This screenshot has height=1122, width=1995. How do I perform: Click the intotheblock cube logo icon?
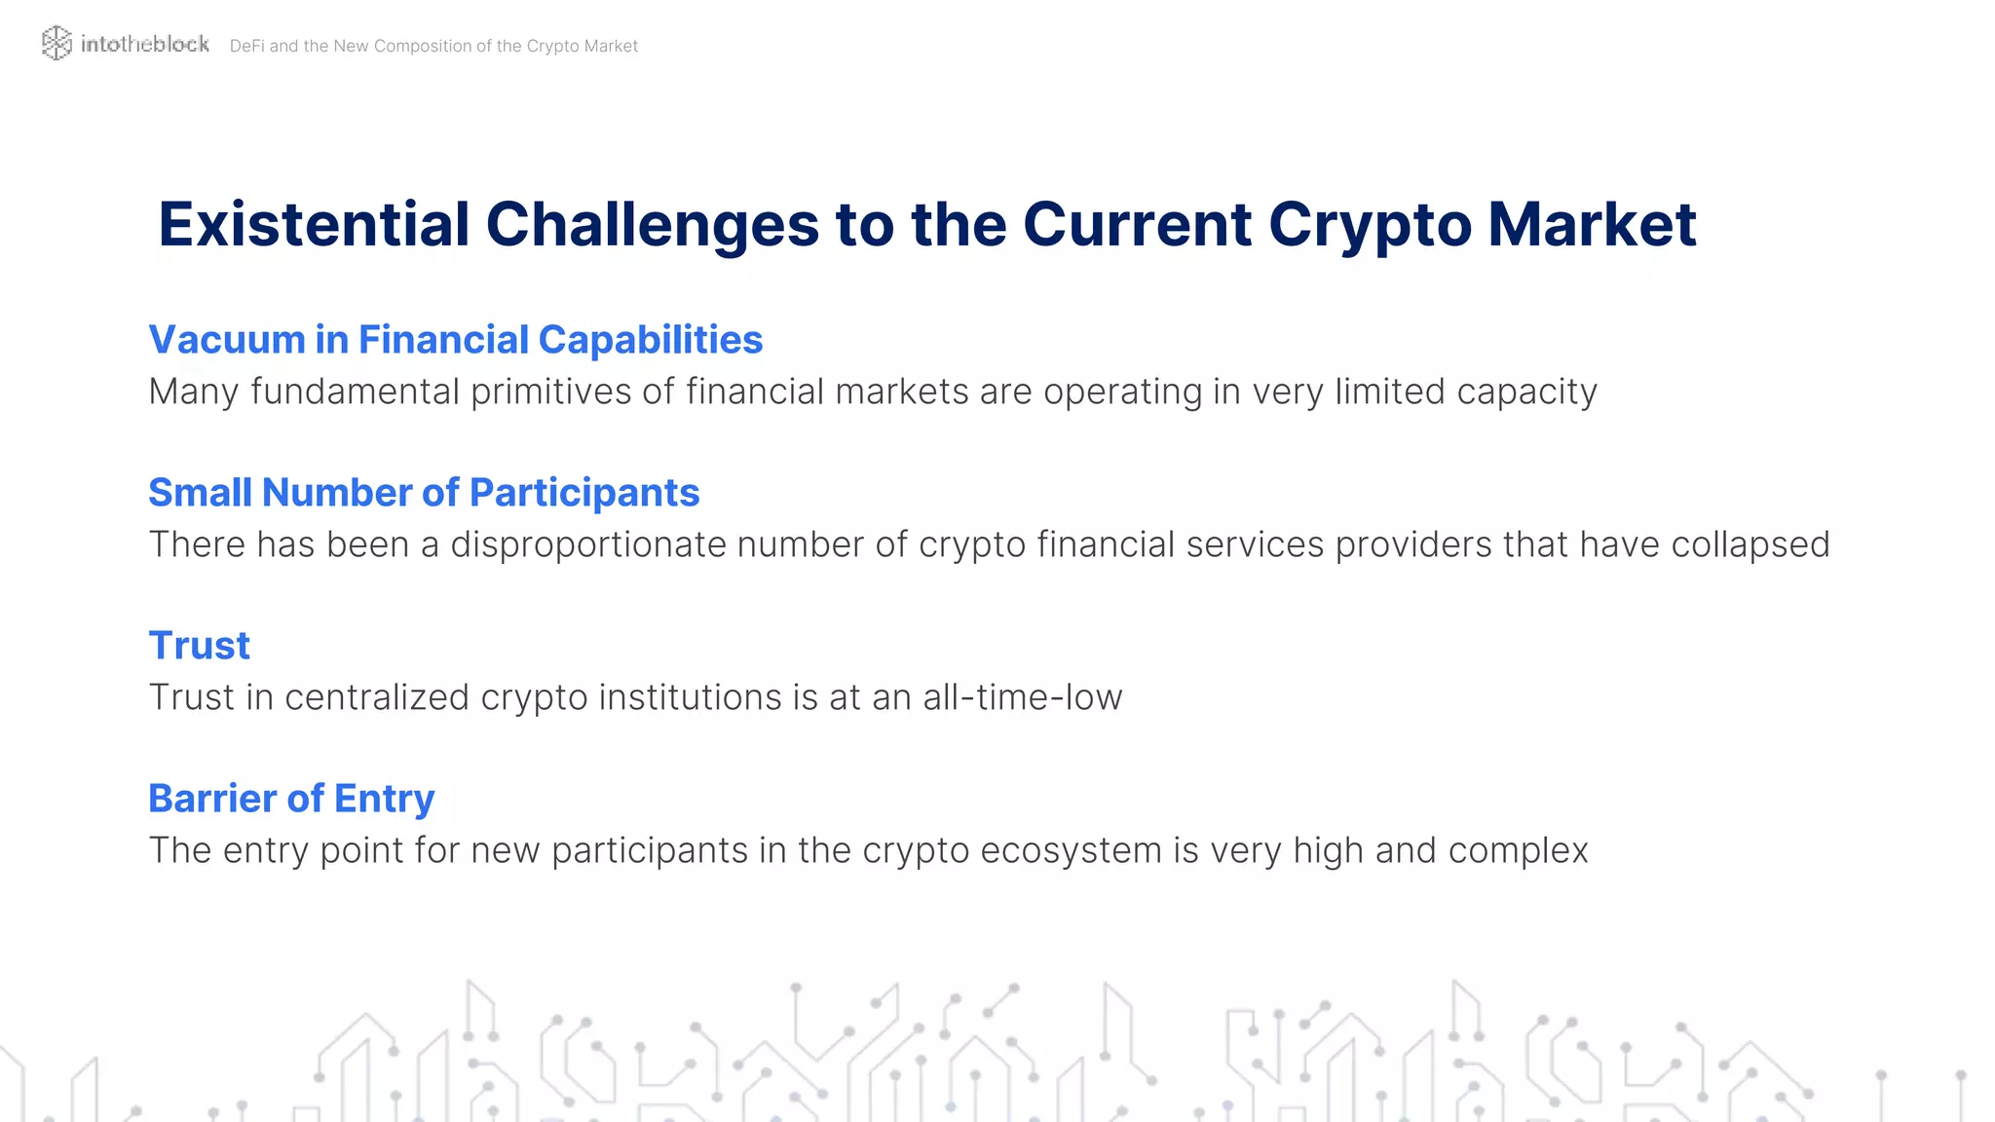click(56, 43)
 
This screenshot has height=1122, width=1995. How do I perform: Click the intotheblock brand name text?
click(144, 44)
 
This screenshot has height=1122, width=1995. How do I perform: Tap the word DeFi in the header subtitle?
click(246, 46)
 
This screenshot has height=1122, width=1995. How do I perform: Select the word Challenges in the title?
click(652, 224)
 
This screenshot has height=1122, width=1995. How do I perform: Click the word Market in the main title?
click(1592, 224)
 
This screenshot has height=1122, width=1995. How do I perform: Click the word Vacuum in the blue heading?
click(226, 340)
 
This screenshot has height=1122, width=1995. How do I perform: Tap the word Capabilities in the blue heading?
click(650, 340)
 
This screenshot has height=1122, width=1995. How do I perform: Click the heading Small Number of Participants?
click(423, 493)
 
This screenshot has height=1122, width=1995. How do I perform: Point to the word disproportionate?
click(587, 544)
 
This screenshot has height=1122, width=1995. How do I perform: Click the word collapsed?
click(1750, 544)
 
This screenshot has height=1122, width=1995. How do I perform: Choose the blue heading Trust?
click(199, 646)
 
